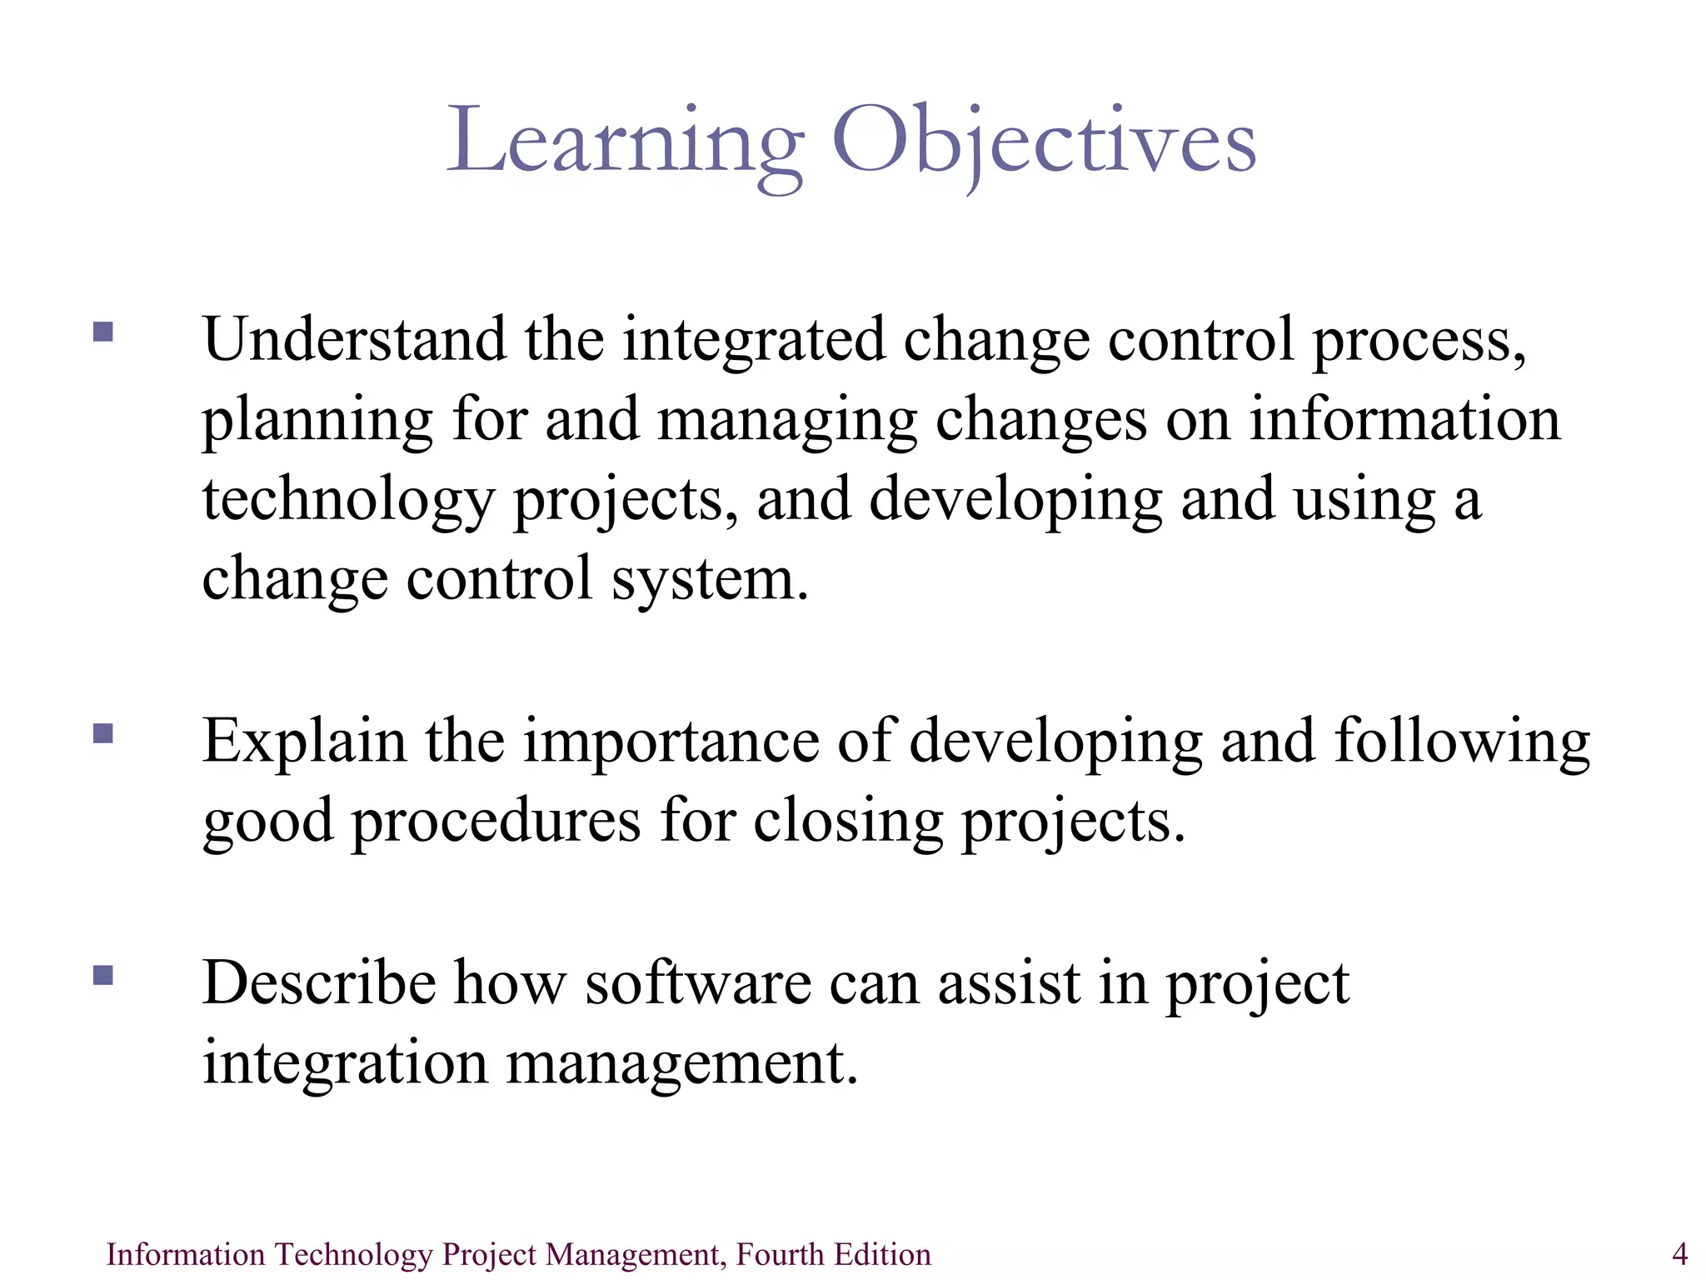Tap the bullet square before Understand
(103, 332)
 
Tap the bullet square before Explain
(103, 733)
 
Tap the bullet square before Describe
(103, 975)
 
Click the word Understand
(354, 340)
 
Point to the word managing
(787, 422)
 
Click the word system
(710, 580)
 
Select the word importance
(671, 742)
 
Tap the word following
(1462, 742)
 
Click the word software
(698, 983)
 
